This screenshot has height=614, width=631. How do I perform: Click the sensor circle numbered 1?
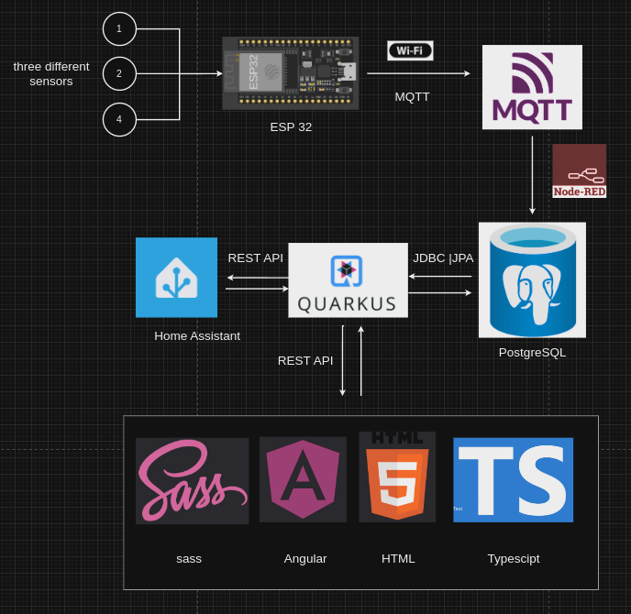(119, 29)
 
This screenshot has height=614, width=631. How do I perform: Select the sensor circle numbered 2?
(119, 73)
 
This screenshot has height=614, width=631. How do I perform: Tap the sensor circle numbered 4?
(119, 119)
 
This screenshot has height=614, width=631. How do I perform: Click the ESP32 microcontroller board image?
(291, 73)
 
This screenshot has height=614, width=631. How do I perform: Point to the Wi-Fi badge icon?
(410, 50)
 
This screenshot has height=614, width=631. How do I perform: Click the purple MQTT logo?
(532, 87)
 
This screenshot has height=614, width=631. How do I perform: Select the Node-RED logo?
(579, 170)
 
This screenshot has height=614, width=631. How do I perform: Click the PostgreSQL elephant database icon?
(532, 280)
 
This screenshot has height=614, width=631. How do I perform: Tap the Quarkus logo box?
(348, 280)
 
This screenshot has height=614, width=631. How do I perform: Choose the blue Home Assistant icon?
(176, 278)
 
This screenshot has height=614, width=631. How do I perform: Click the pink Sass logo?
(192, 480)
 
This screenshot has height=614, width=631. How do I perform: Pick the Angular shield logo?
(303, 479)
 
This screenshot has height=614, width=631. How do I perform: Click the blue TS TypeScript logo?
(513, 479)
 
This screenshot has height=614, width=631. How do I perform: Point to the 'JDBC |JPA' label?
(443, 258)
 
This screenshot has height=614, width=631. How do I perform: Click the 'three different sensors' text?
(51, 73)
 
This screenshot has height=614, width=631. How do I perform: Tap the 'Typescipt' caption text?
(513, 558)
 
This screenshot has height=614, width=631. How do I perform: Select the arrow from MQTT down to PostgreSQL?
(532, 174)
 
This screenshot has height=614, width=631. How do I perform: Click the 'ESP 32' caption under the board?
(291, 126)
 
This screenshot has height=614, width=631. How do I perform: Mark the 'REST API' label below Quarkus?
(305, 360)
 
